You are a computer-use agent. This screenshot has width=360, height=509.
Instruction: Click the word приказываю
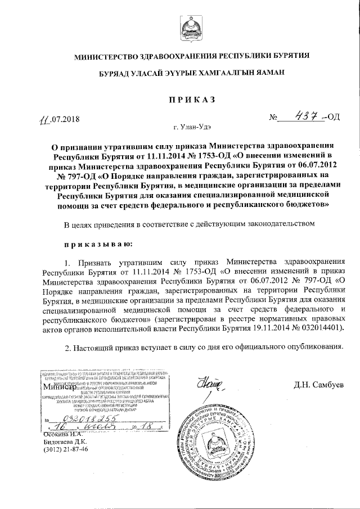98,245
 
